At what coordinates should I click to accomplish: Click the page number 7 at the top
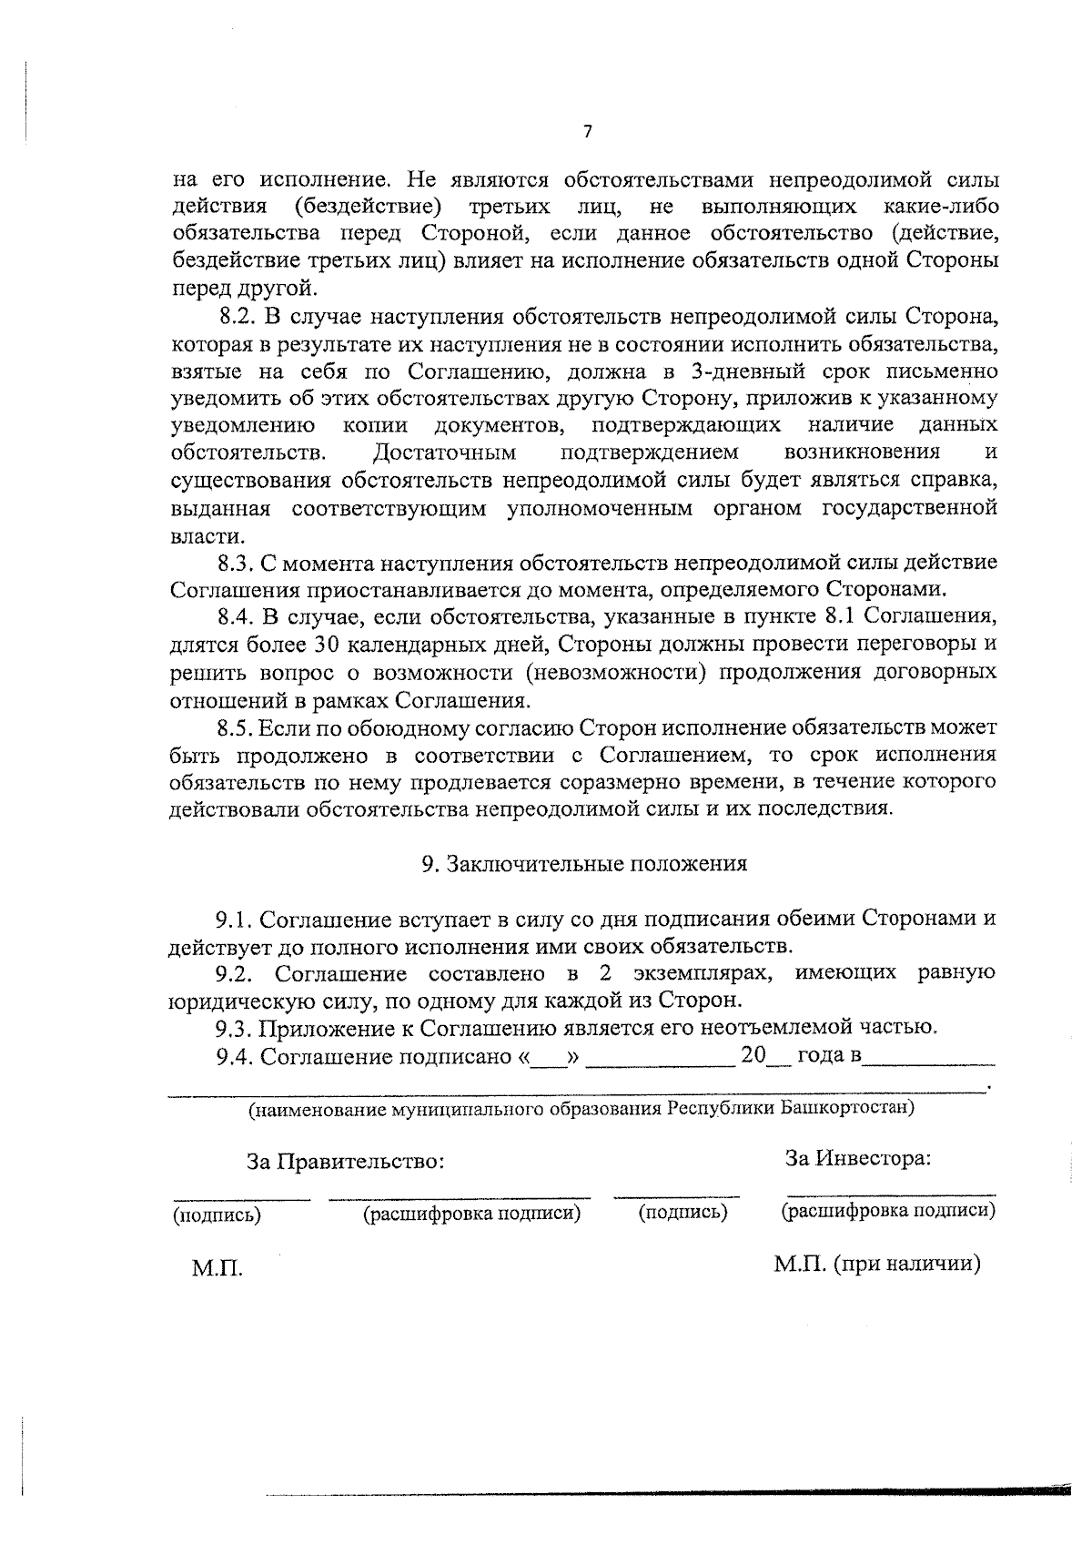pyautogui.click(x=587, y=131)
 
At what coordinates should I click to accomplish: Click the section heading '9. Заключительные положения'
pyautogui.click(x=584, y=864)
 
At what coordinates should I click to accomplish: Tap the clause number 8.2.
pyautogui.click(x=239, y=317)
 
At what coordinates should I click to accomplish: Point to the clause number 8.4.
pyautogui.click(x=238, y=617)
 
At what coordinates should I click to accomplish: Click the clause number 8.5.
pyautogui.click(x=236, y=727)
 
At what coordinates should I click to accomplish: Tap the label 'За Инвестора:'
pyautogui.click(x=857, y=1159)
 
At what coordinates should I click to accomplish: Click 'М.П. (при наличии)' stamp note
pyautogui.click(x=877, y=1265)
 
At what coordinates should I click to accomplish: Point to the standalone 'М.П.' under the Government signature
pyautogui.click(x=217, y=1268)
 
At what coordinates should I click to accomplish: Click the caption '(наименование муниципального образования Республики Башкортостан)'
pyautogui.click(x=581, y=1109)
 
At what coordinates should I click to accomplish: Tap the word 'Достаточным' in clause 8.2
pyautogui.click(x=446, y=452)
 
